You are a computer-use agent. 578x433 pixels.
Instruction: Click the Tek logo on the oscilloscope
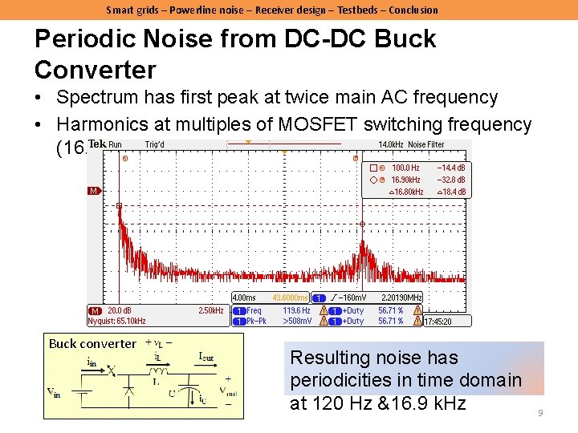point(96,144)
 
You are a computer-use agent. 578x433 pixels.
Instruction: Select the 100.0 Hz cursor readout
point(405,168)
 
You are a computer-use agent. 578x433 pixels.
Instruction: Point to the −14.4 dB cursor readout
point(450,168)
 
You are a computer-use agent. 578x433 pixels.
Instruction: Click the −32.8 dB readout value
point(450,180)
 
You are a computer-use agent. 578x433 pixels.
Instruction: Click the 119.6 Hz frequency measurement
point(296,310)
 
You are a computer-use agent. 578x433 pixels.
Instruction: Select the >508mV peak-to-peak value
point(296,321)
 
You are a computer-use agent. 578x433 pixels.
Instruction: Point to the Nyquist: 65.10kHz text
point(116,321)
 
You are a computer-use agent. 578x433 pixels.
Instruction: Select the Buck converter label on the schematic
point(92,344)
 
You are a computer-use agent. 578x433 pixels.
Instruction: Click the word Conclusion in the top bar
point(412,10)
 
